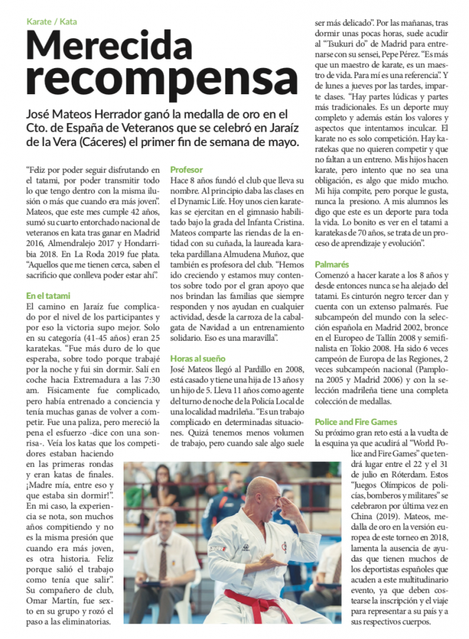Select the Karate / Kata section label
(52, 21)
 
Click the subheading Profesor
(187, 169)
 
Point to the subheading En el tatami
(48, 295)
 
